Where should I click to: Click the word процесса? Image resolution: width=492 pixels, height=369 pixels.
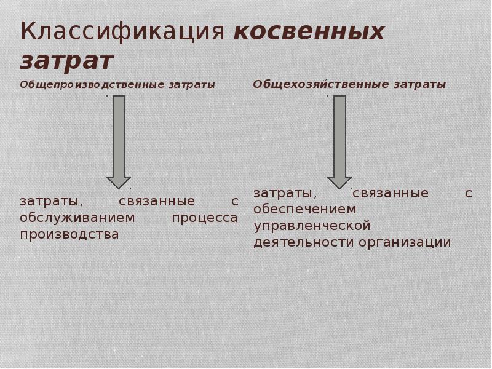[x=204, y=218]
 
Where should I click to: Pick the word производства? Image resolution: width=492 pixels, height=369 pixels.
[x=68, y=234]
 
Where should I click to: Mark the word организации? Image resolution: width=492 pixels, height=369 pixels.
[x=407, y=242]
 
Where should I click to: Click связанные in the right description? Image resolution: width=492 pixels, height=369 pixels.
[x=390, y=193]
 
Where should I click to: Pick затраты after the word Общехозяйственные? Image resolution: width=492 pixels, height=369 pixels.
[x=421, y=84]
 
